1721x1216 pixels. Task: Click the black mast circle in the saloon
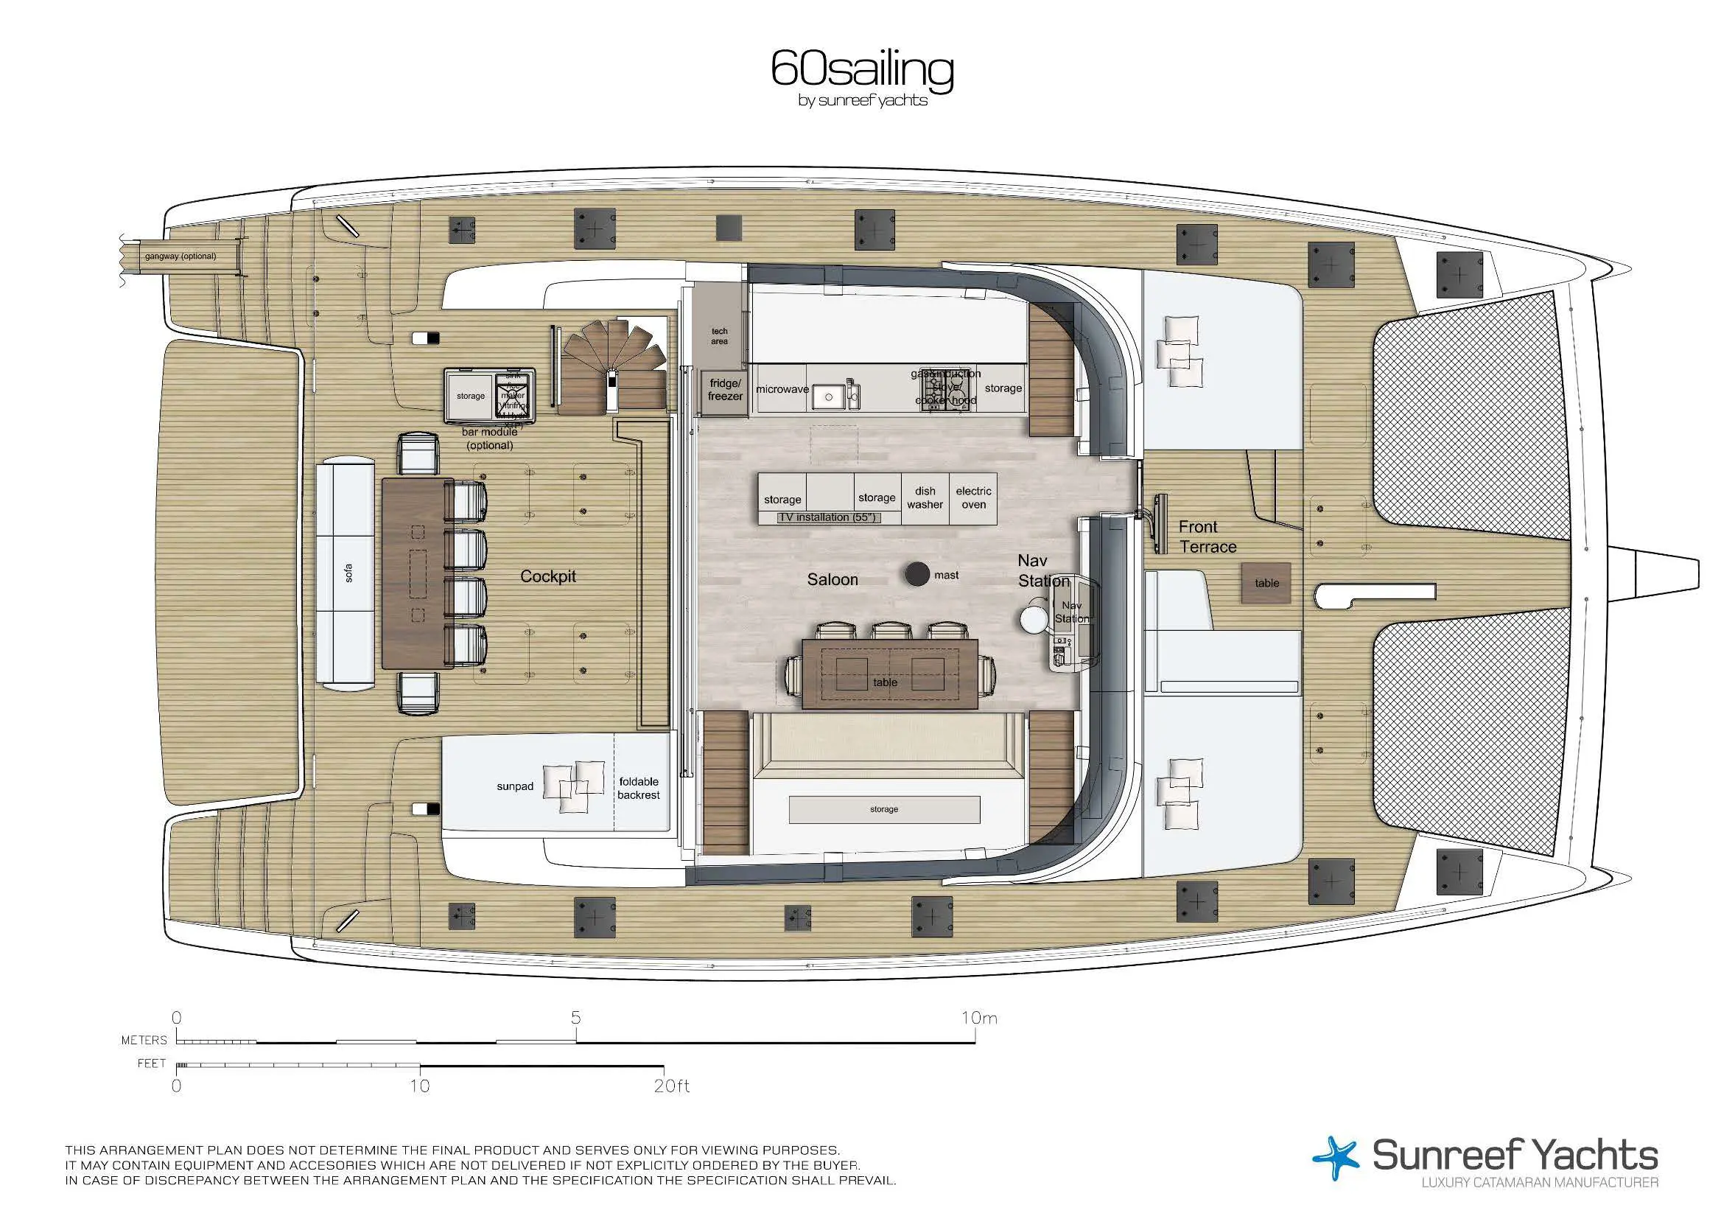pos(916,574)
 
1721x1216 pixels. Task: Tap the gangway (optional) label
pos(180,256)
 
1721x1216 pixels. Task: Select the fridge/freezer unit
pos(725,390)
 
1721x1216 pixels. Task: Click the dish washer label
pos(925,497)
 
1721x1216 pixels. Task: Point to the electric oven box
pos(973,497)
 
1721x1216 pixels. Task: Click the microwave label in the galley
pos(782,389)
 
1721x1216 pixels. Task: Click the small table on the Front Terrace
pos(1266,582)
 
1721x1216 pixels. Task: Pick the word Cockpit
pos(548,576)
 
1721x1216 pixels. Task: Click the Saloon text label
pos(832,579)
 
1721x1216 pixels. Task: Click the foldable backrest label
pos(639,788)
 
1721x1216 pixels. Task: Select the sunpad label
pos(515,786)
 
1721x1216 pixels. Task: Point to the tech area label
pos(719,336)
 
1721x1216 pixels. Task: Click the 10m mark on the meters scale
pos(978,1018)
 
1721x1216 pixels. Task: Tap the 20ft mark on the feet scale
pos(671,1086)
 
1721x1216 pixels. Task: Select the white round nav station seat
pos(1032,619)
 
